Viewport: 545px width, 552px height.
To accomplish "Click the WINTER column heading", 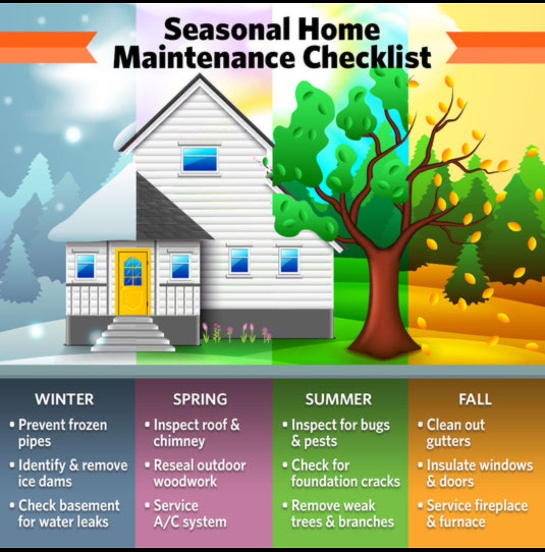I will (65, 399).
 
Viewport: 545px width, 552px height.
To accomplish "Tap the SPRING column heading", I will (200, 399).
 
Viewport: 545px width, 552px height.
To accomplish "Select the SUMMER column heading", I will (338, 399).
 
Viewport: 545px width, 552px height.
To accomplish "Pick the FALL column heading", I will (475, 399).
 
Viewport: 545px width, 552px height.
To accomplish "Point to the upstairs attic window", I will (200, 159).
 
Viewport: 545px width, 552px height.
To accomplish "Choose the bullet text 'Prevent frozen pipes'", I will (62, 432).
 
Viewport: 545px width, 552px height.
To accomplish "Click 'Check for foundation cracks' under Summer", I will (345, 473).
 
